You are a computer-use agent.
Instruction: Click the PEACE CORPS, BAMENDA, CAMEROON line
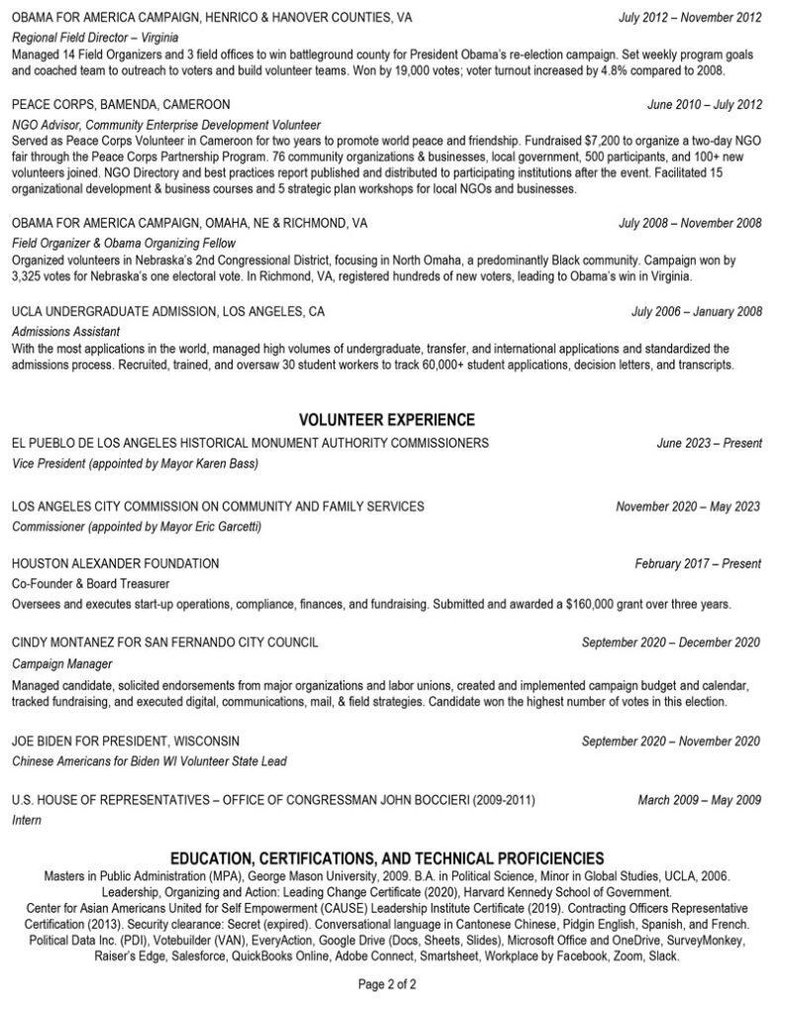pyautogui.click(x=121, y=104)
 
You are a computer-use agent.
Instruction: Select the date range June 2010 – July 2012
pyautogui.click(x=704, y=104)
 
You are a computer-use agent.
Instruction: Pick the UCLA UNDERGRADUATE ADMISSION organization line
pyautogui.click(x=168, y=311)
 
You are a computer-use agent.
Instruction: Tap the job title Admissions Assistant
pyautogui.click(x=65, y=331)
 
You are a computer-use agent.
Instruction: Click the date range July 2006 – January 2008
pyautogui.click(x=697, y=311)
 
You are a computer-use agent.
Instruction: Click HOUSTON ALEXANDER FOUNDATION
pyautogui.click(x=116, y=563)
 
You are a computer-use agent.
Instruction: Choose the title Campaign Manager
pyautogui.click(x=61, y=663)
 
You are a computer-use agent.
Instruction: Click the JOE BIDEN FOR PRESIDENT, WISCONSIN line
pyautogui.click(x=126, y=741)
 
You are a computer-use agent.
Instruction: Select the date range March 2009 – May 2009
pyautogui.click(x=699, y=799)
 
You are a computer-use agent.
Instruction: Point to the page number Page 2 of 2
pyautogui.click(x=387, y=984)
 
